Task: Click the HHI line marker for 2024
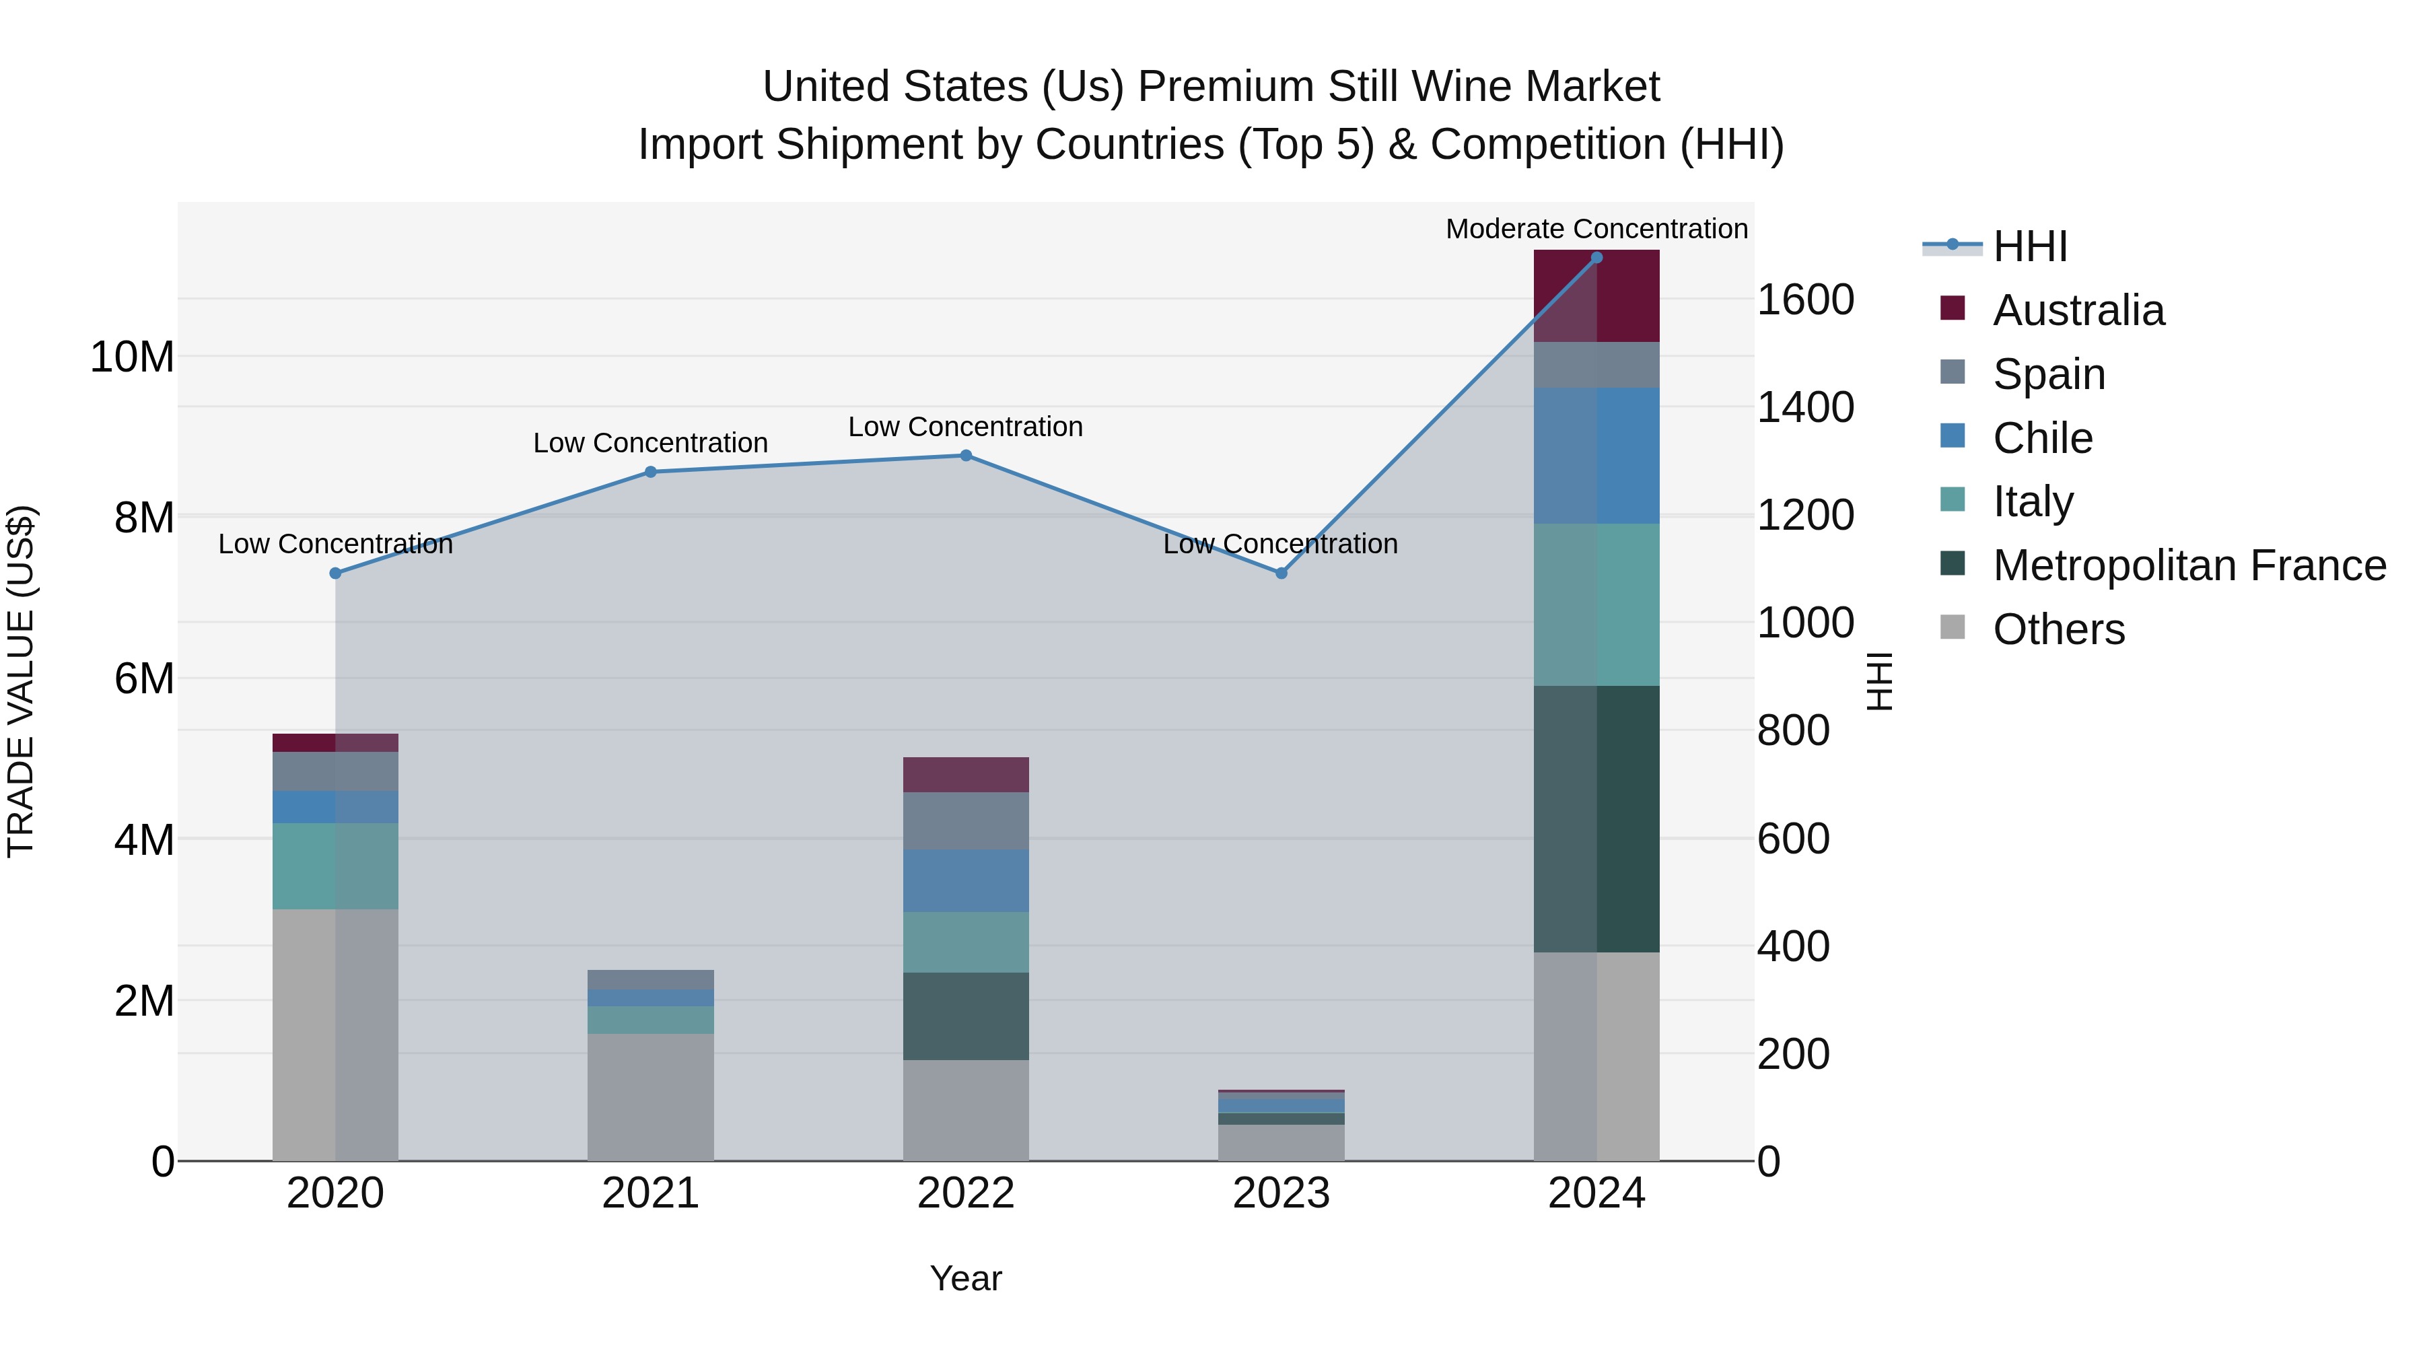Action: (x=1596, y=258)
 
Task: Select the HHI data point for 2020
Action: (x=336, y=573)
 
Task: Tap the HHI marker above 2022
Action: (x=966, y=455)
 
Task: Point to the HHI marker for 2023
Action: (x=1281, y=573)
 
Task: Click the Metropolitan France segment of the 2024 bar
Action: (x=1596, y=818)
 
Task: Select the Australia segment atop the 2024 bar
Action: (x=1596, y=295)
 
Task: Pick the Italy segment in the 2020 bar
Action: (x=336, y=866)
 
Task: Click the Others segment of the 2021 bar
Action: (x=651, y=1097)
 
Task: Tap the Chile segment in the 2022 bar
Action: (x=966, y=880)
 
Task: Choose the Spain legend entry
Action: (x=2049, y=374)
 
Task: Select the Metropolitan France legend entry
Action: (x=2189, y=565)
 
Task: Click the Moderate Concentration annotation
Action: (x=1596, y=229)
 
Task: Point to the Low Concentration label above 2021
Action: (x=651, y=442)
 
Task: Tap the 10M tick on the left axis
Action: (x=132, y=357)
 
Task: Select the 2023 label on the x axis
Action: (x=1281, y=1193)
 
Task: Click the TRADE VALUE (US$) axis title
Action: (x=21, y=681)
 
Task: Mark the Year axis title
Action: (x=966, y=1278)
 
